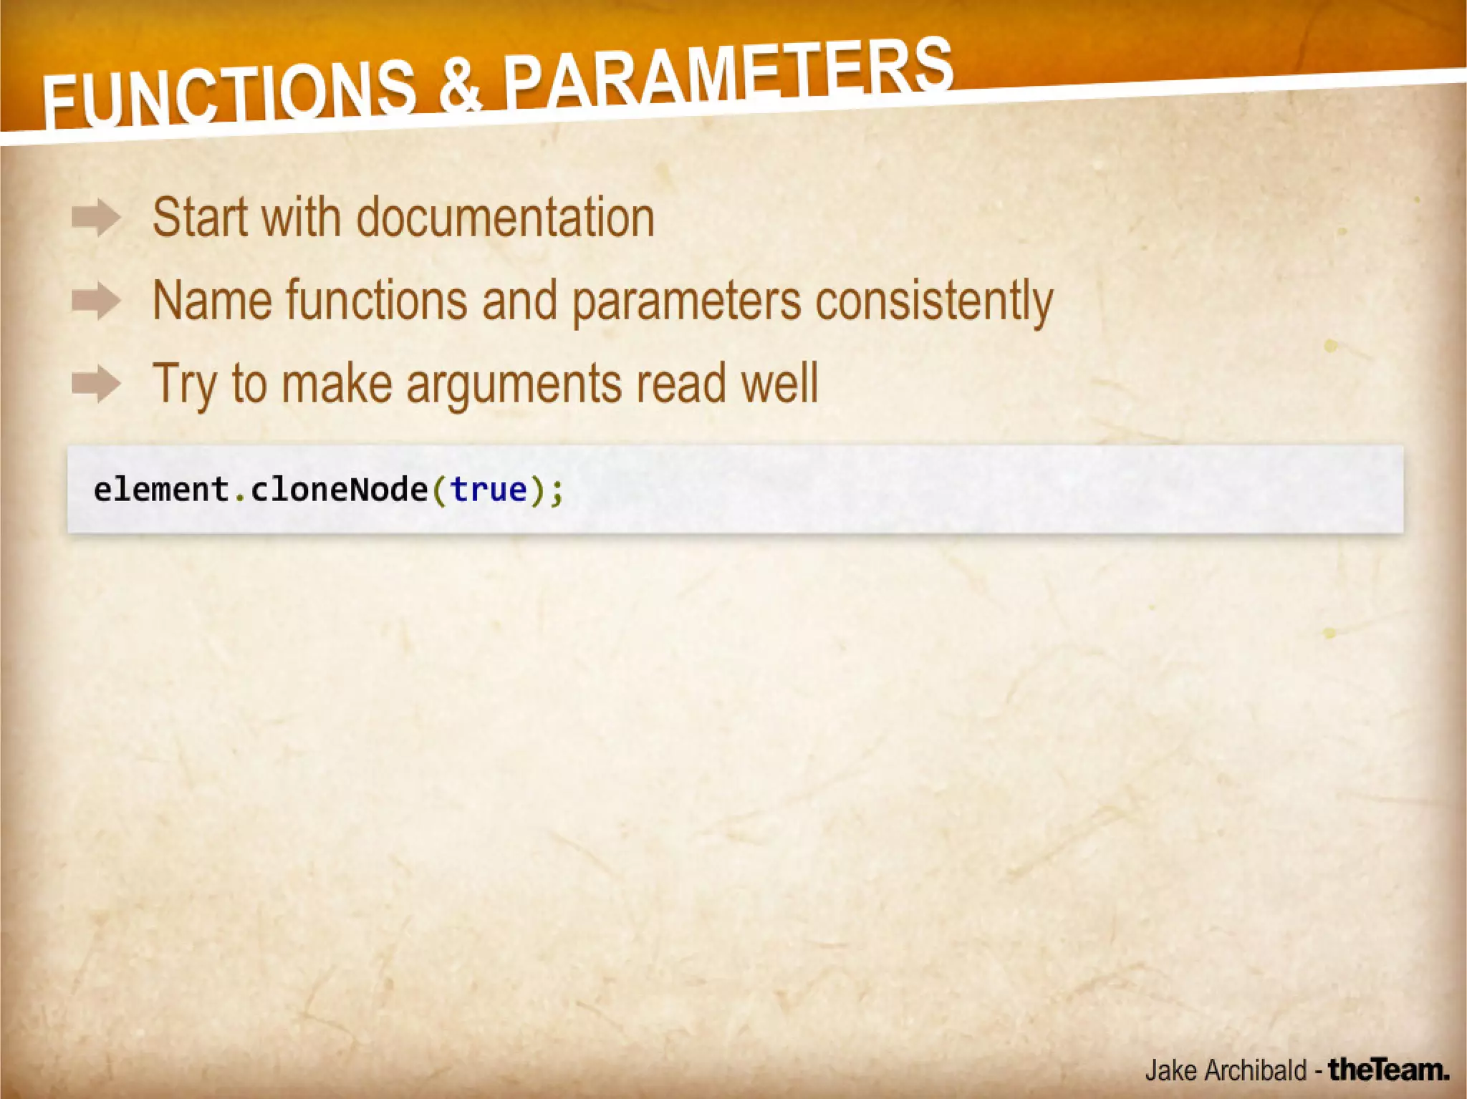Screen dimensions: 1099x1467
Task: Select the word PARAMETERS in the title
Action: click(x=727, y=72)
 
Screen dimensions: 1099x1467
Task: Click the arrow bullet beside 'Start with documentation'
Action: click(x=96, y=218)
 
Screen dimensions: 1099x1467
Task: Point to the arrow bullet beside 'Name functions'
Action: click(x=96, y=301)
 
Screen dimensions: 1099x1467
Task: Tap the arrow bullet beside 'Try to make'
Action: click(x=96, y=384)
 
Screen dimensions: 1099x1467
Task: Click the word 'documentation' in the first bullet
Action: click(x=505, y=218)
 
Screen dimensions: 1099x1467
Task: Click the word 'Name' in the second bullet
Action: click(x=212, y=301)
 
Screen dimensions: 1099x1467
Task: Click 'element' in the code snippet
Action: click(x=161, y=490)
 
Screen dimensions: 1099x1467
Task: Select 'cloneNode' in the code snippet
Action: click(x=339, y=490)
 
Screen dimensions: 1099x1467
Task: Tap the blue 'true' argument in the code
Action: click(x=489, y=490)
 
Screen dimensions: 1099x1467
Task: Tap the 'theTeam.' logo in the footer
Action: click(x=1389, y=1070)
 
